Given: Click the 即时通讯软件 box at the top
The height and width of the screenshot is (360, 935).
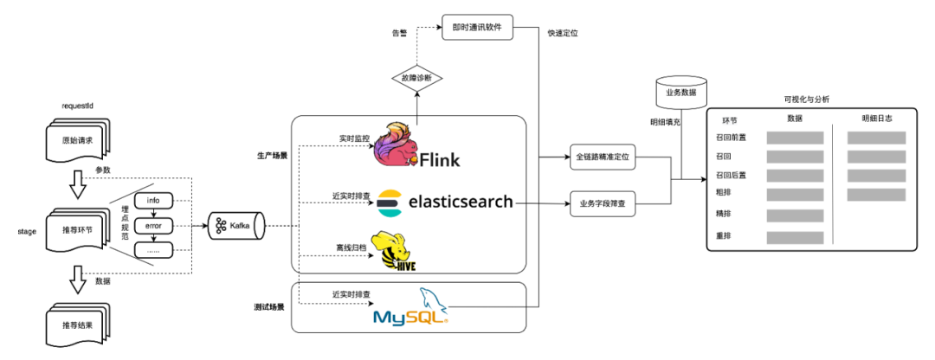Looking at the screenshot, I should point(478,27).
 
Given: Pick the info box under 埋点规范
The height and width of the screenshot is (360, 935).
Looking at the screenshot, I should point(153,201).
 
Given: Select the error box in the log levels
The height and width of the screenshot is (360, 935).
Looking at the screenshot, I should point(153,226).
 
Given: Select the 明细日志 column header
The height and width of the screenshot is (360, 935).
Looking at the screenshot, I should point(876,119).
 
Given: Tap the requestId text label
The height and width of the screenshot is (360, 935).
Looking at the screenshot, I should point(78,106).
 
